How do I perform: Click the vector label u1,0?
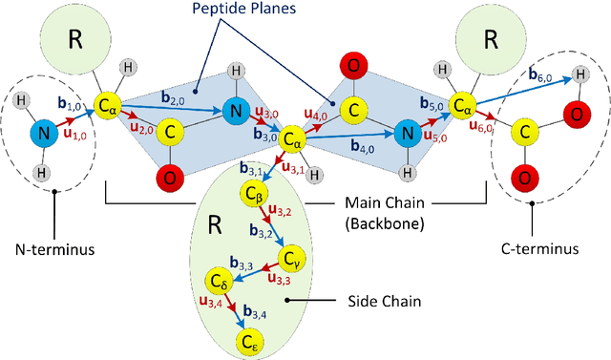tap(73, 136)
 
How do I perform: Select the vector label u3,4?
tap(210, 303)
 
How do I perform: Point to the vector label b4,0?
tap(363, 148)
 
